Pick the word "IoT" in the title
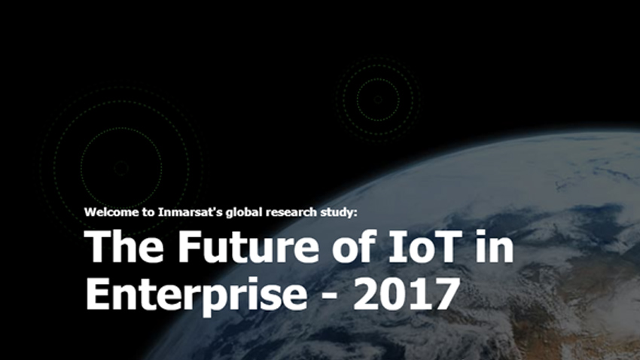[x=425, y=246]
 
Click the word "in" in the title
[x=495, y=246]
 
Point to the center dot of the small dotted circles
[x=378, y=99]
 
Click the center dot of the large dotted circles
[x=121, y=168]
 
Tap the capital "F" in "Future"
[x=190, y=246]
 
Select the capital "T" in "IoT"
[x=448, y=246]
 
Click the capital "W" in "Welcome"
[x=90, y=212]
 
